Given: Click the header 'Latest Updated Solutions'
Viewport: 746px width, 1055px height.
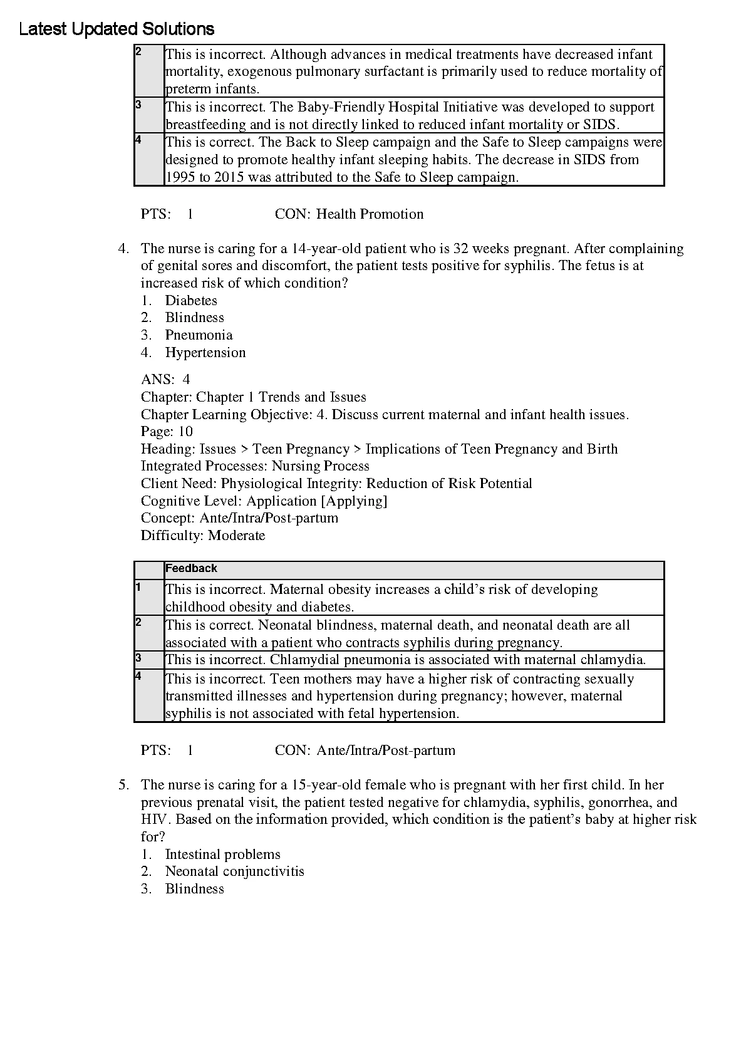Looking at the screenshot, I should pos(117,29).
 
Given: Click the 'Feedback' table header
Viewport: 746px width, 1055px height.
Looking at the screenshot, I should pos(191,569).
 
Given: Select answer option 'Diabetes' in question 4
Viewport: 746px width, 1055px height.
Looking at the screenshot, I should pos(191,301).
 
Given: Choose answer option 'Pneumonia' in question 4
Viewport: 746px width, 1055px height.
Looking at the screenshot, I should pos(199,335).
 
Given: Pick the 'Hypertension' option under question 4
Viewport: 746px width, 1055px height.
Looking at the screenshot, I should pos(205,353).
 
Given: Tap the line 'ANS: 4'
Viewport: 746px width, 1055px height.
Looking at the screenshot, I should pos(165,380).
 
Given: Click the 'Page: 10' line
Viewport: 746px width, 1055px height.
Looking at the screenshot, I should pos(167,432).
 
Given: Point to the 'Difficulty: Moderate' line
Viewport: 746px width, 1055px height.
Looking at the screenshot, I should pos(203,536).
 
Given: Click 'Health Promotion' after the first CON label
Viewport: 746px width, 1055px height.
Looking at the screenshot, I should pos(370,214).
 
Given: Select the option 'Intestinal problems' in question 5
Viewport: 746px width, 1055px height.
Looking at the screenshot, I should pos(222,855).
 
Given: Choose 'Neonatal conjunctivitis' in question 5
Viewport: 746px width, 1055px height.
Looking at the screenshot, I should pos(234,871).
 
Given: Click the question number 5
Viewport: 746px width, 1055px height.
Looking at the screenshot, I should pos(123,785).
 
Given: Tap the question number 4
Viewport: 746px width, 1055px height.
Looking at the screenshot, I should pos(123,249).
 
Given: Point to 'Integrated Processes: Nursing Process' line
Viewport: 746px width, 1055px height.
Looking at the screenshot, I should pos(255,466).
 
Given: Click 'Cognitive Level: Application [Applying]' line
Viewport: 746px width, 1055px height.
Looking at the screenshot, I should pos(264,501).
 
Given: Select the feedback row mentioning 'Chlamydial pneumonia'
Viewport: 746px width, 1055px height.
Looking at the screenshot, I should pos(405,660).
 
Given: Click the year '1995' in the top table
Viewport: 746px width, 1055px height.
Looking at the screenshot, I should pos(180,177).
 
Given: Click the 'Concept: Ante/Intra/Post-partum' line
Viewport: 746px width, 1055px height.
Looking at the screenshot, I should pos(239,518).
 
